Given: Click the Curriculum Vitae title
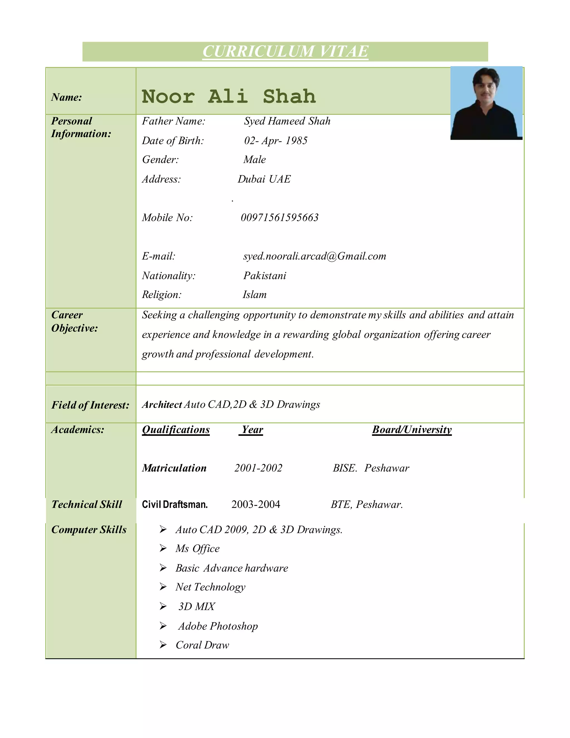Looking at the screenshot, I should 285,51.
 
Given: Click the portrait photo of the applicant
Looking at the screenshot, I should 486,103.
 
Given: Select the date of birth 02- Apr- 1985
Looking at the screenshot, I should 276,141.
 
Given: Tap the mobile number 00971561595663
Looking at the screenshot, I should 280,218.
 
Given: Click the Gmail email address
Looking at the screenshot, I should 315,256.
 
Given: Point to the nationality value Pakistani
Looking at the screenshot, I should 264,276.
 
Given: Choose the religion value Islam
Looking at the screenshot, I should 254,295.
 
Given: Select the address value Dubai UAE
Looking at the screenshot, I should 264,179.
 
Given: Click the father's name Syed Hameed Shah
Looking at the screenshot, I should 287,121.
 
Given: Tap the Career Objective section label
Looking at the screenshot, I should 74,321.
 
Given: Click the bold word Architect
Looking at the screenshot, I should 162,404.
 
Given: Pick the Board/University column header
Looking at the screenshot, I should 412,429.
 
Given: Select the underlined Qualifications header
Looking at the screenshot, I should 176,429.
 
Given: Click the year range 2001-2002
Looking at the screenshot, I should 258,468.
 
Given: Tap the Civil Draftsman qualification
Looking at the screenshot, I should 175,505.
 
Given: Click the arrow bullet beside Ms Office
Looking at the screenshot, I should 163,548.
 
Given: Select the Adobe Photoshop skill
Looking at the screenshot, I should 218,626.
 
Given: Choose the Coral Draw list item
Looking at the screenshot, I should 202,645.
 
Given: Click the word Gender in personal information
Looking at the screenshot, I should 160,160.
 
